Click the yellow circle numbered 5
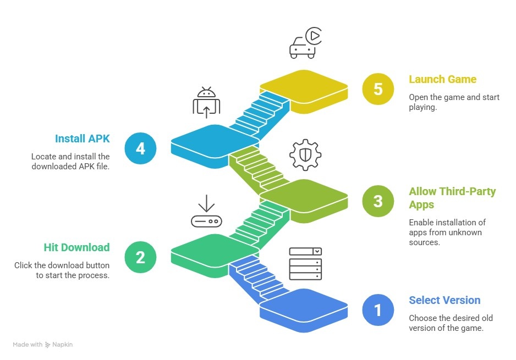pos(378,90)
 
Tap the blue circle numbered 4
pos(140,148)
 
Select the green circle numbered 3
pos(378,201)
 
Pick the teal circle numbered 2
pos(140,257)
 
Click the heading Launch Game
pos(442,79)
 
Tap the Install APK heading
pos(83,139)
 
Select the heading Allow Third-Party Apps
pos(452,198)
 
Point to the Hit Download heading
pos(77,247)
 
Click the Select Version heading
pos(444,300)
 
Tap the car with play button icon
pos(305,44)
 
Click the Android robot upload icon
pos(206,103)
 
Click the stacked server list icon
pos(305,264)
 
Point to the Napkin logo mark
pos(48,345)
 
